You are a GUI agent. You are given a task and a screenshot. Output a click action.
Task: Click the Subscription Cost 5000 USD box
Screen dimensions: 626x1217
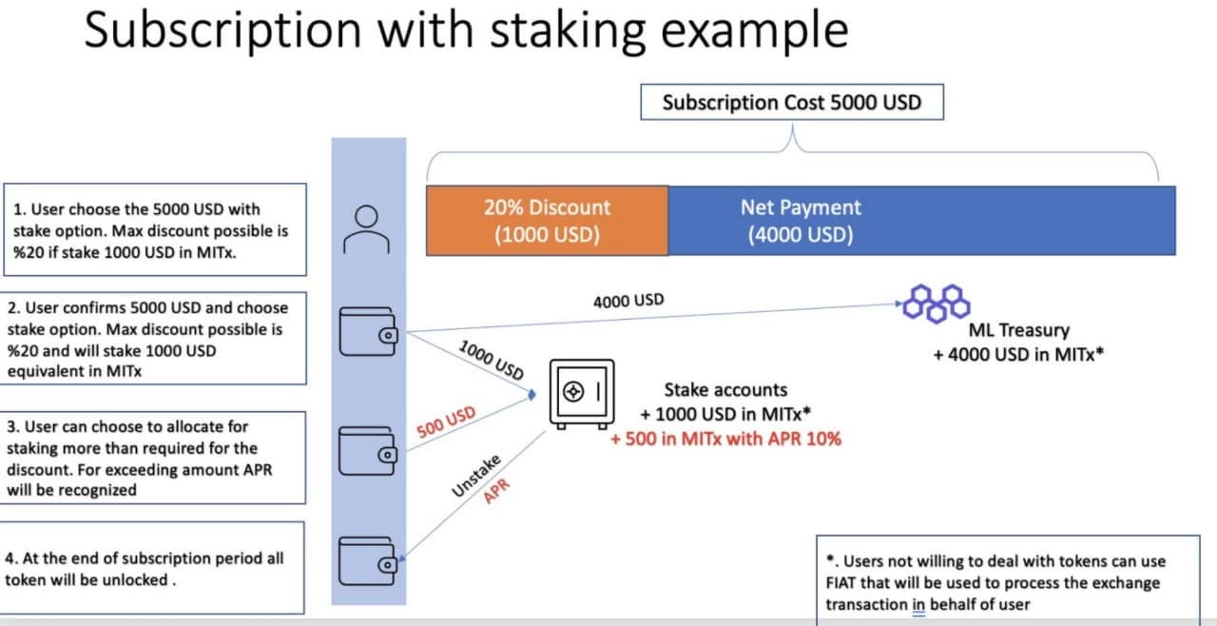(792, 103)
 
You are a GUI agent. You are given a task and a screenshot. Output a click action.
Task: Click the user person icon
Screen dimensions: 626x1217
(368, 229)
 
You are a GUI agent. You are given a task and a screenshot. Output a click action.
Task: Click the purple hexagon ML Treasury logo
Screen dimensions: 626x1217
(936, 303)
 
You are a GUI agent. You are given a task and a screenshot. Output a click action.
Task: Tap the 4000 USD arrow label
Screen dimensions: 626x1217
(628, 302)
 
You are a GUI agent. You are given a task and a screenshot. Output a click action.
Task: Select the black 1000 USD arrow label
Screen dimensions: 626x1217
(491, 360)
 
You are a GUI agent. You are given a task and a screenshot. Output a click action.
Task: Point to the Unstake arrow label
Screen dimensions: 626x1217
(476, 475)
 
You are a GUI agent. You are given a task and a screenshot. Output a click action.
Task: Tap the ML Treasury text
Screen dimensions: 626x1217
(1018, 330)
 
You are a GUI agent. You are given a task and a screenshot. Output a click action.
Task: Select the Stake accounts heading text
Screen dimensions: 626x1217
(725, 389)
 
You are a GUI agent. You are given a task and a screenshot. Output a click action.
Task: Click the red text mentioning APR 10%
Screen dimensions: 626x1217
(725, 439)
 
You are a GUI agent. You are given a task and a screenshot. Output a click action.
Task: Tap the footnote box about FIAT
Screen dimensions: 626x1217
(1007, 581)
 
